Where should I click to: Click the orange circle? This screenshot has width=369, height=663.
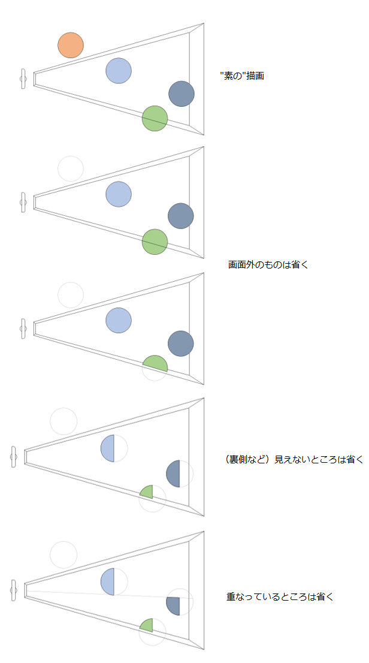click(x=71, y=45)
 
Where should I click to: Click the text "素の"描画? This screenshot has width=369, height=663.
click(x=242, y=77)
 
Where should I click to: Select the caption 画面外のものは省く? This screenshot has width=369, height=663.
click(x=268, y=265)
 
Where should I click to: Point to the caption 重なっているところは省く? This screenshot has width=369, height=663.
click(x=280, y=597)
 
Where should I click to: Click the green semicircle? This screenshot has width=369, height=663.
click(x=155, y=364)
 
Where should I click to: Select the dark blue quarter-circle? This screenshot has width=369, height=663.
click(x=174, y=606)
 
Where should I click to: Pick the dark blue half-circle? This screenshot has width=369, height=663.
click(x=174, y=474)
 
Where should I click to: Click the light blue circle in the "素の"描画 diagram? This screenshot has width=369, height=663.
click(x=119, y=71)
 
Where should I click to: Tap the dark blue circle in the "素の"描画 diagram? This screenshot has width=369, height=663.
click(x=182, y=94)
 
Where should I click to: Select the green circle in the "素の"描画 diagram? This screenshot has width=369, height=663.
click(x=155, y=119)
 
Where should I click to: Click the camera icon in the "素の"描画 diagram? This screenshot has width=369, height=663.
click(x=23, y=79)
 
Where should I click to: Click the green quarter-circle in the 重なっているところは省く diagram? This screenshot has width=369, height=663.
click(x=147, y=626)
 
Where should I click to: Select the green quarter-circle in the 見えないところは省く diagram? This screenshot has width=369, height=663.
click(x=147, y=492)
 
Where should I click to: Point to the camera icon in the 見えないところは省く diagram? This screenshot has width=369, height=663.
click(x=14, y=457)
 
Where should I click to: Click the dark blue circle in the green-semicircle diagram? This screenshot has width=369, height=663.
click(x=180, y=343)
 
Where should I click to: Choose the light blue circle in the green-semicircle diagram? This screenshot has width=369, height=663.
click(x=119, y=321)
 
